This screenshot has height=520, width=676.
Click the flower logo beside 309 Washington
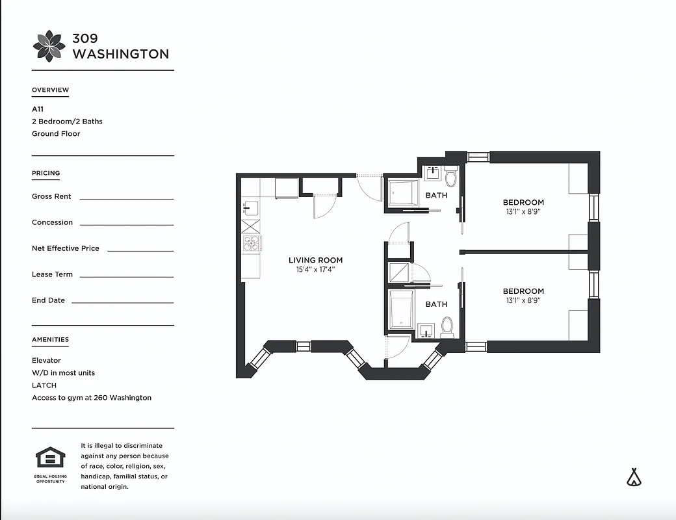[x=49, y=46]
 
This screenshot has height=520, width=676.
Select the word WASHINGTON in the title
[x=120, y=54]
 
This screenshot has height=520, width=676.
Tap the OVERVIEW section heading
[x=50, y=90]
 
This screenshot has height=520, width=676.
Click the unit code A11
[x=38, y=109]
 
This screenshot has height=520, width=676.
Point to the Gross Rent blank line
[x=126, y=198]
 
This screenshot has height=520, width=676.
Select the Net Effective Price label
[x=65, y=248]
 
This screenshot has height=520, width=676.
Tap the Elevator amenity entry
[x=46, y=360]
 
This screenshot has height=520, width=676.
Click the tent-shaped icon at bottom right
[x=634, y=477]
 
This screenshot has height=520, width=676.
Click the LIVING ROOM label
[x=315, y=260]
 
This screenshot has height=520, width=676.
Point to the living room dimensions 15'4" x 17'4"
[x=315, y=269]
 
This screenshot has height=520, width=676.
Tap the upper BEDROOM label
[x=523, y=202]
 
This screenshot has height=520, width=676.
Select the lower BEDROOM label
[x=523, y=291]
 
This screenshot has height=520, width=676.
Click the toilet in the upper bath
[x=451, y=177]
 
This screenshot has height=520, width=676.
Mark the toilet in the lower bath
[x=447, y=326]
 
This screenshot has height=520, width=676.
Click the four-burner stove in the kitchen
[x=250, y=243]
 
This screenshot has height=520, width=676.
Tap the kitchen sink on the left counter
[x=250, y=209]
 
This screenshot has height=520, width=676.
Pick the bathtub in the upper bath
[x=404, y=194]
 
